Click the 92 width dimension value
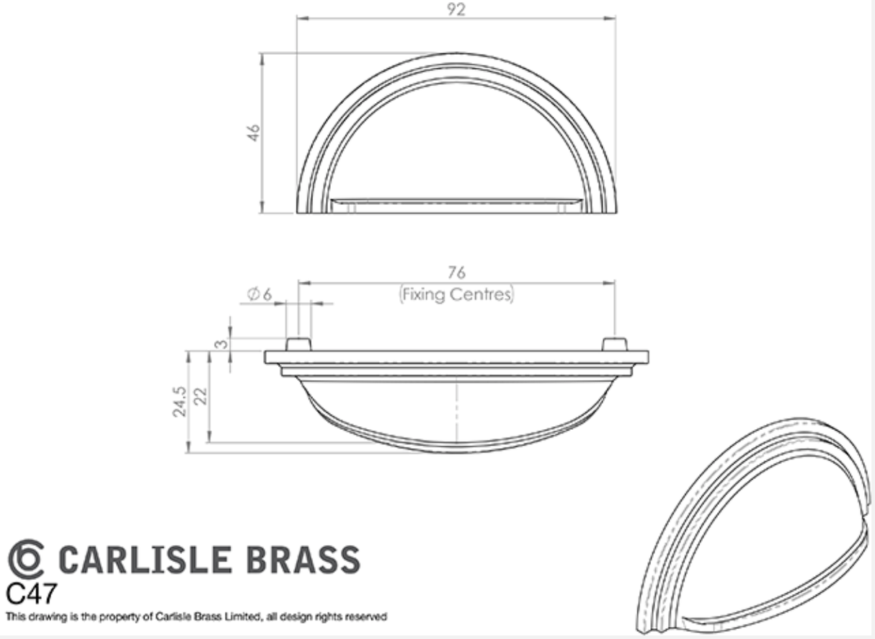pos(456,9)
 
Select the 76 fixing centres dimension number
pos(456,273)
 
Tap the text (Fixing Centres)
pos(457,294)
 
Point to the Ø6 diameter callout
pos(259,294)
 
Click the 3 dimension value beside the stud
pos(222,345)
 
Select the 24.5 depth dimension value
pos(179,401)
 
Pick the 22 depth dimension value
pos(200,396)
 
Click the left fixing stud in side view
pos(298,343)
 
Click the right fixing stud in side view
pos(614,343)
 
